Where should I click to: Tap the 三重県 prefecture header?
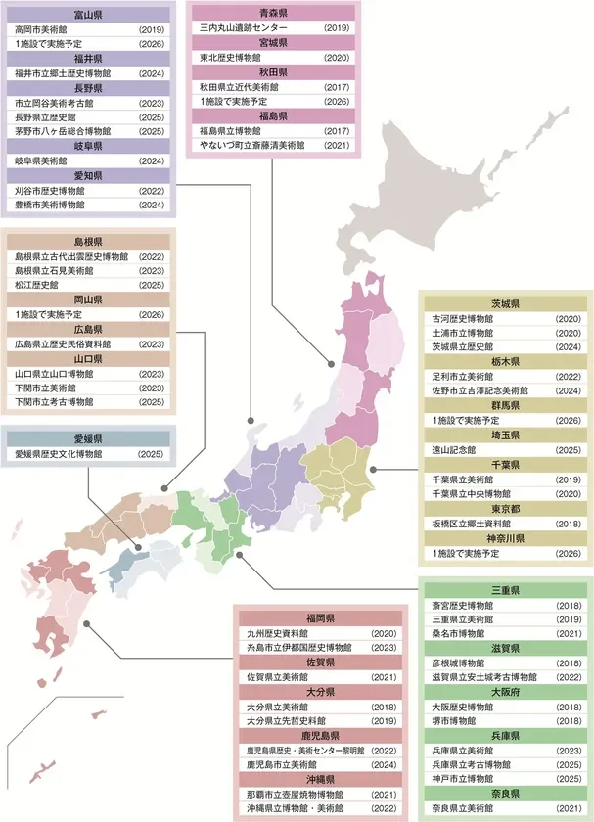pyautogui.click(x=505, y=591)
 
